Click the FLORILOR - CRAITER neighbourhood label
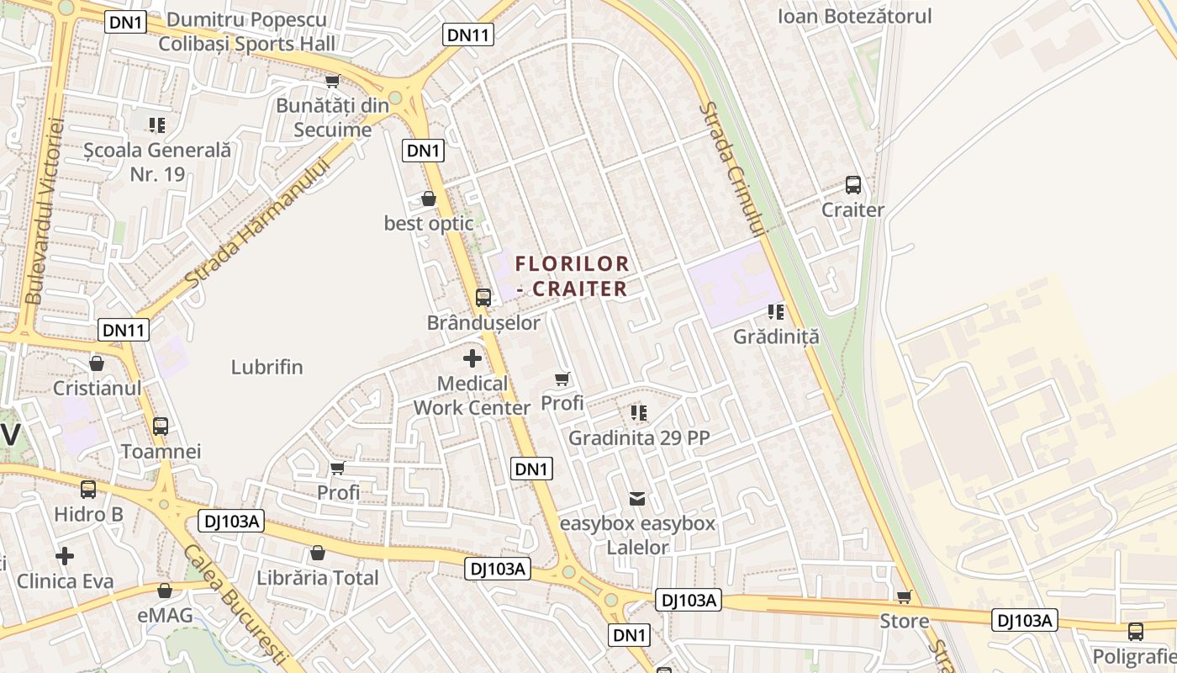click(573, 276)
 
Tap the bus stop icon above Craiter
click(853, 185)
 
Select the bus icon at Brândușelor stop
click(483, 297)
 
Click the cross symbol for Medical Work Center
click(472, 358)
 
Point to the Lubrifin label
click(267, 368)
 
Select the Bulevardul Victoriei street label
click(45, 210)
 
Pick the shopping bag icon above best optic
click(429, 199)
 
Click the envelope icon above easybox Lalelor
click(638, 499)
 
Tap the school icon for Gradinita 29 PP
click(639, 413)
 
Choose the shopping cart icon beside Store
click(905, 596)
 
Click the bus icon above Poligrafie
click(1136, 631)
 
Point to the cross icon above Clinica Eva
click(65, 556)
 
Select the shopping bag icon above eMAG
click(165, 591)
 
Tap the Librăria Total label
click(318, 578)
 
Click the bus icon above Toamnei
click(161, 426)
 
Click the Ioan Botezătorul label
click(854, 16)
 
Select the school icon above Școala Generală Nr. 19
click(157, 125)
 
